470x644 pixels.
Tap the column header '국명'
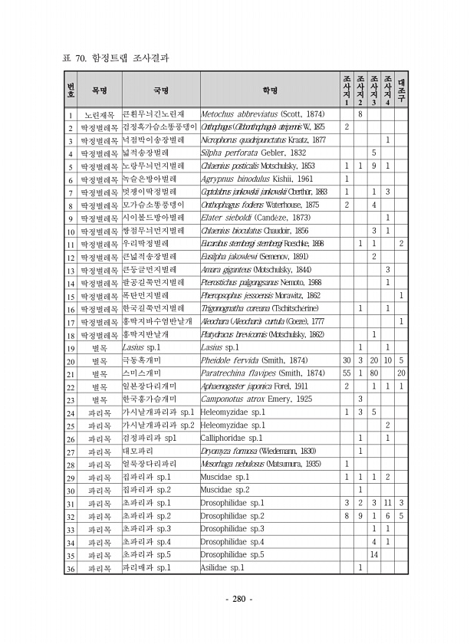click(x=160, y=90)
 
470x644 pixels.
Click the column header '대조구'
click(x=402, y=90)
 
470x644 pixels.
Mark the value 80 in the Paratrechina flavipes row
click(x=373, y=373)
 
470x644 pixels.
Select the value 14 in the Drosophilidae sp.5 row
click(x=373, y=554)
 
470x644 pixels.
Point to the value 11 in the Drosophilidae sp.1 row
click(x=387, y=503)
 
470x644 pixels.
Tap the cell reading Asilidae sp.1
click(x=222, y=568)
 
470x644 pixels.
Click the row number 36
click(x=69, y=568)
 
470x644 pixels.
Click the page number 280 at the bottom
click(x=235, y=599)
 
